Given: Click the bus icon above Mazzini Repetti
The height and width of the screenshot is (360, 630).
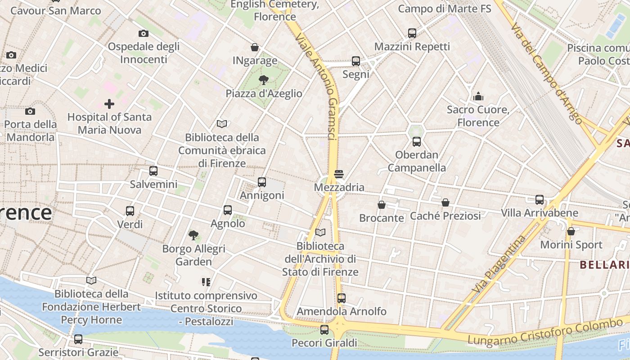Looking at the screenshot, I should coord(412,33).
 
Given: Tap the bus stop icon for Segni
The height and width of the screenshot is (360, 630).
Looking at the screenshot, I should coord(356,61).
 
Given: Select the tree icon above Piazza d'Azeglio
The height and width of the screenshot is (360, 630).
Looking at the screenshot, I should coord(264,80).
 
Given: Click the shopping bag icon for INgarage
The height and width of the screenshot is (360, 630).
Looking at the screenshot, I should coord(255,47).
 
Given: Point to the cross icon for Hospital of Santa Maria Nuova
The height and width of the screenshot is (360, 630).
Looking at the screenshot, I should coord(109,104).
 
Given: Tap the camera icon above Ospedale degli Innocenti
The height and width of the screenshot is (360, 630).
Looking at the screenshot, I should coord(144,33).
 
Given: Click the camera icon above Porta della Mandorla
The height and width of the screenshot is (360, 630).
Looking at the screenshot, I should coord(30,111).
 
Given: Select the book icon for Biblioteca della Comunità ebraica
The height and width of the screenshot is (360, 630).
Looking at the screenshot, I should coord(222,124).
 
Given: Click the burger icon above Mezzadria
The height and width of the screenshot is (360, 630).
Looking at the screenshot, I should coord(339,174).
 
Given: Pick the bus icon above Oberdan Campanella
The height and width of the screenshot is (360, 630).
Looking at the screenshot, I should coord(417,142).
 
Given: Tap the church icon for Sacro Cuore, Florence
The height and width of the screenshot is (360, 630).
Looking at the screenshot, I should coord(478,96).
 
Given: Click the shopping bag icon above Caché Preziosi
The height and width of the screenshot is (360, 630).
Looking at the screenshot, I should coord(445,202).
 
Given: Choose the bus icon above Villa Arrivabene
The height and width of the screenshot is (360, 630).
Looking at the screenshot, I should coord(540,199).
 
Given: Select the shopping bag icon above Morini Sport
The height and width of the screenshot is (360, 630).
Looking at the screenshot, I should coord(571,231).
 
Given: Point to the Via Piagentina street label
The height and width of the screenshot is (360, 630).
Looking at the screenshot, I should coord(499,264).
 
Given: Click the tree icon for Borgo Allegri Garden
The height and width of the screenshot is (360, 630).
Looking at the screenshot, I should coord(193,235).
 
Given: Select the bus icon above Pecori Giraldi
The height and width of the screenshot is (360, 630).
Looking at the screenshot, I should coord(324,329).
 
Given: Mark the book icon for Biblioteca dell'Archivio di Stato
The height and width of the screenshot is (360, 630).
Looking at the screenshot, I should coord(320,233).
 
